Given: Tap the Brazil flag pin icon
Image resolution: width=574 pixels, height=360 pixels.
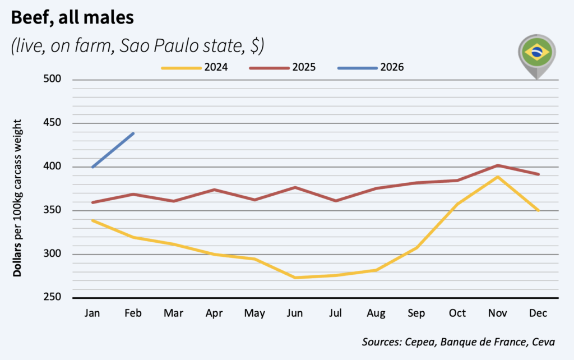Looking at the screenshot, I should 536,53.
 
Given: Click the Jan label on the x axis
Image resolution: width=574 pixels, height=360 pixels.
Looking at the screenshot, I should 92,313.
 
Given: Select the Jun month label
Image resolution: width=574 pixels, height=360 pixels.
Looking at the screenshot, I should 295,313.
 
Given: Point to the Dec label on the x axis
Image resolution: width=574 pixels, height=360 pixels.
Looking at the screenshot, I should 539,313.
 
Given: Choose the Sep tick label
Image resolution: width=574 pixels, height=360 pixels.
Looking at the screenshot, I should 417,313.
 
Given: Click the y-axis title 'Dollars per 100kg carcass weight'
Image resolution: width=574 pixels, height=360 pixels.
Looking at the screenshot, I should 17,198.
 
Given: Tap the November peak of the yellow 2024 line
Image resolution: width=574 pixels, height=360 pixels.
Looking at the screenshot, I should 498,177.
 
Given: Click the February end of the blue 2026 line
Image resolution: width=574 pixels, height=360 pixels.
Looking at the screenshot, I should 133,133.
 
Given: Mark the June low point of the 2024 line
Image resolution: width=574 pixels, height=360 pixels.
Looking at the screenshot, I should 295,278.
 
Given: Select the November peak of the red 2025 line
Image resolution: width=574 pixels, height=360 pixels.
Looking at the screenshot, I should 498,165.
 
